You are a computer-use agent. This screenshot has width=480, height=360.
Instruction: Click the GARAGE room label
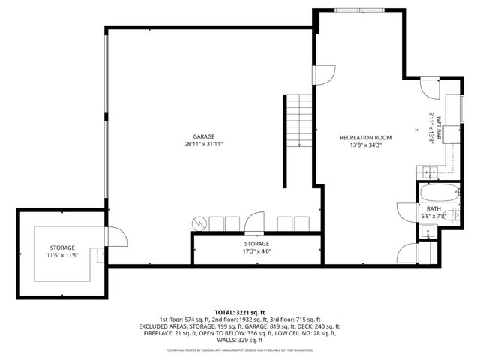pyautogui.click(x=197, y=136)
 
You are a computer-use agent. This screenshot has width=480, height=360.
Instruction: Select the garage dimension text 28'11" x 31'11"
pyautogui.click(x=204, y=144)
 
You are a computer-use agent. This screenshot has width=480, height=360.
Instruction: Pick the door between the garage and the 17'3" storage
pyautogui.click(x=255, y=223)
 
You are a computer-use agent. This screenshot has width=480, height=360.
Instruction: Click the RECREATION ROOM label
pyautogui.click(x=366, y=137)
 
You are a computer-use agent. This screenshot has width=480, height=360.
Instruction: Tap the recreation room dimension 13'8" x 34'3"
pyautogui.click(x=366, y=145)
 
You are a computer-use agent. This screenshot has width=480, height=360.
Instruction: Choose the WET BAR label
pyautogui.click(x=431, y=127)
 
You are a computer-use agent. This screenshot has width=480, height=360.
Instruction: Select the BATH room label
pyautogui.click(x=433, y=209)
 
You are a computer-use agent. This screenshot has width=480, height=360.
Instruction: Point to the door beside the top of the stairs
pyautogui.click(x=324, y=75)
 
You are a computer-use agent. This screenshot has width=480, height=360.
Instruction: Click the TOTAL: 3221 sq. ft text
pyautogui.click(x=240, y=311)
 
